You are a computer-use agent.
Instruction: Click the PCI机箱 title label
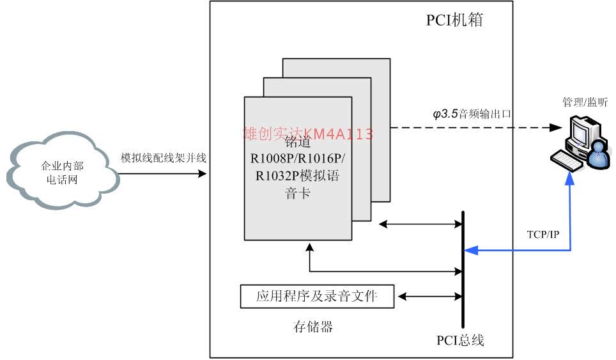pos(454,20)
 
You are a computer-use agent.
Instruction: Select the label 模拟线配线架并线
pos(164,158)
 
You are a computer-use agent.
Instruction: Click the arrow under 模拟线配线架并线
pos(164,173)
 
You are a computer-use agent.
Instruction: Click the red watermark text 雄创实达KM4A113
pos(308,134)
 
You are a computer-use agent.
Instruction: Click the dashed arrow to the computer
pos(473,128)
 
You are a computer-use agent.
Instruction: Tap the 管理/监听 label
pos(585,102)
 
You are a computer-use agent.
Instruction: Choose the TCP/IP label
pos(544,235)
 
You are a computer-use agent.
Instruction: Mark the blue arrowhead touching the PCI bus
pos(471,250)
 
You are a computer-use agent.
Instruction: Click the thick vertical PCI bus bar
pos(462,269)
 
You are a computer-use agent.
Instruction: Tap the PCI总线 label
pos(460,340)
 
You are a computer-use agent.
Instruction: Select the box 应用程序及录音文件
pos(317,296)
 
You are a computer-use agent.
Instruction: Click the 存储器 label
pos(313,327)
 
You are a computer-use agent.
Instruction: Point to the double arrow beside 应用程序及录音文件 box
pos(427,296)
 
